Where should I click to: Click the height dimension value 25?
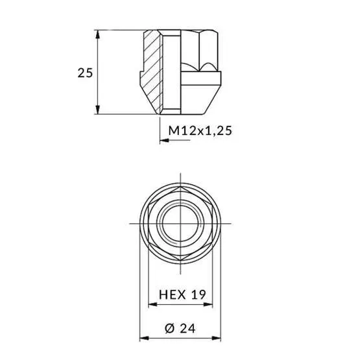(x=85, y=73)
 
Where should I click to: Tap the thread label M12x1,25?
(x=200, y=131)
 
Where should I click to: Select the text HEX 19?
(x=182, y=294)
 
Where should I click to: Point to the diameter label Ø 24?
(x=180, y=328)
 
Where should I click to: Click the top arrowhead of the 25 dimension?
(x=98, y=34)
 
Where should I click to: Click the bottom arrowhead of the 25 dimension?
(x=98, y=110)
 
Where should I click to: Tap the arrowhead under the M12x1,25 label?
(x=164, y=140)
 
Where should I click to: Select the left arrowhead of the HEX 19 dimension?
(x=153, y=305)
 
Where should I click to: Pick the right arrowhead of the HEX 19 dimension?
(x=208, y=305)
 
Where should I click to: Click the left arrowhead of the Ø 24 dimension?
(x=144, y=338)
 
